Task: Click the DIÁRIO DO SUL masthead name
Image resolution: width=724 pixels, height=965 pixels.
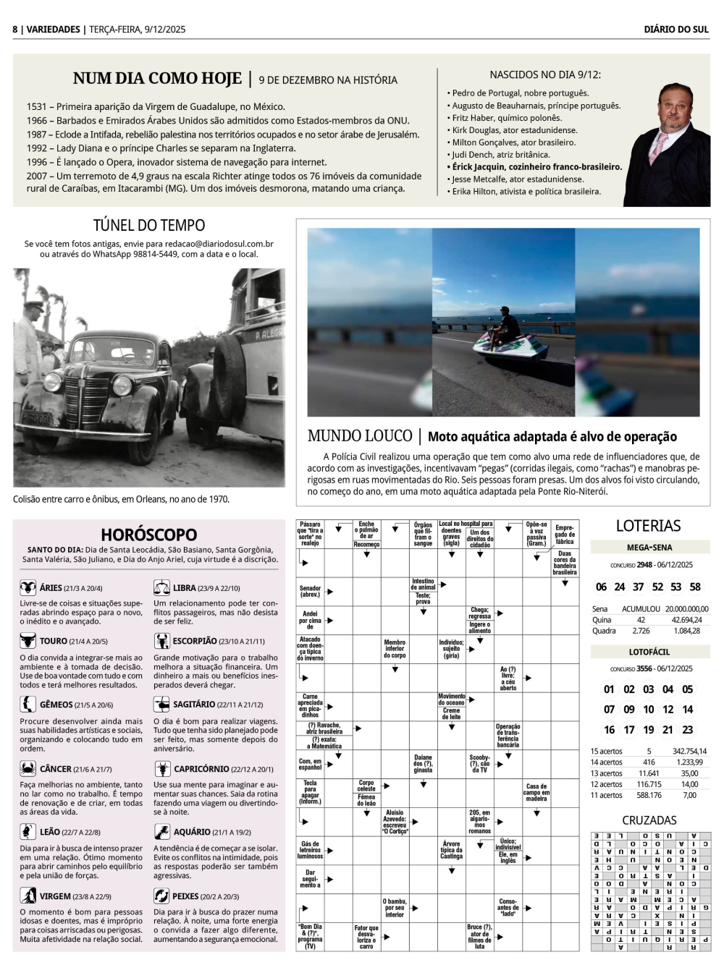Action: point(676,29)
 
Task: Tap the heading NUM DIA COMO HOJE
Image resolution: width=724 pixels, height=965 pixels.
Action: point(157,78)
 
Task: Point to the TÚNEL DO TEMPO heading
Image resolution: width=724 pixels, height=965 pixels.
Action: point(149,225)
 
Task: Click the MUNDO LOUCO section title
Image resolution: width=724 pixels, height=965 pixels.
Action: point(360,435)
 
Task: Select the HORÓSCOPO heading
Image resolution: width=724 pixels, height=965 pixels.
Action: point(149,535)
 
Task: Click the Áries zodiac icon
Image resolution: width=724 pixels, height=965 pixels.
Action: point(28,587)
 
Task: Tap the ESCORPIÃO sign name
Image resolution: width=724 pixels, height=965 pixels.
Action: point(195,641)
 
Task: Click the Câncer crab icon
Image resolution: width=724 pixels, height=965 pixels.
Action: point(28,768)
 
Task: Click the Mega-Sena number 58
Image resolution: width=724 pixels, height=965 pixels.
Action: point(695,587)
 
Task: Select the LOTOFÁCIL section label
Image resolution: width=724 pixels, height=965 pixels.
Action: point(649,652)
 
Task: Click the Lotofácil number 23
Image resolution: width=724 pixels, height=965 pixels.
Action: point(687,730)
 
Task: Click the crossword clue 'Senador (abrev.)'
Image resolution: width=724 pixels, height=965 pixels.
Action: point(310,591)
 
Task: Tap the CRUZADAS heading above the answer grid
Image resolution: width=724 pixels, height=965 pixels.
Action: point(649,820)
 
